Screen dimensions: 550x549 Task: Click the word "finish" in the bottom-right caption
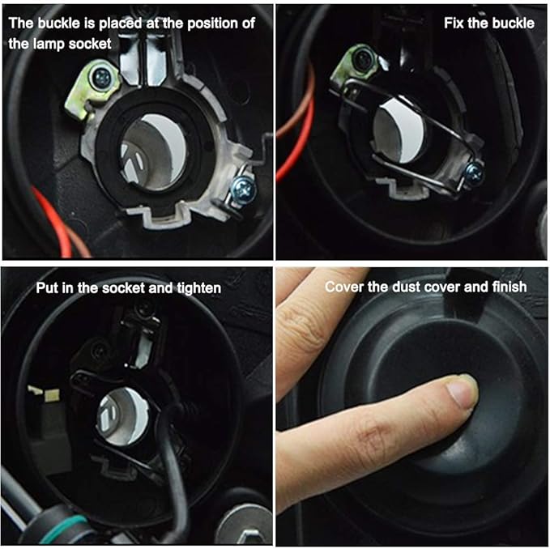pyautogui.click(x=509, y=287)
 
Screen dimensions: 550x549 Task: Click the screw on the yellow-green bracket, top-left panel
pyautogui.click(x=102, y=77)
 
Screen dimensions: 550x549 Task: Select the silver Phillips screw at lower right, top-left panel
pyautogui.click(x=244, y=189)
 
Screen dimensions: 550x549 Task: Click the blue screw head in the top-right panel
pyautogui.click(x=474, y=172)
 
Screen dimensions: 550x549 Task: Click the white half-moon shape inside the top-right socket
pyautogui.click(x=403, y=130)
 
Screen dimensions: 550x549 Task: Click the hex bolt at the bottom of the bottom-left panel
pyautogui.click(x=245, y=526)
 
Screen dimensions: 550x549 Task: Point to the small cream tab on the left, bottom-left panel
pyautogui.click(x=45, y=392)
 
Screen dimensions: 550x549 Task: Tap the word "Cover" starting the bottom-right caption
pyautogui.click(x=344, y=287)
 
